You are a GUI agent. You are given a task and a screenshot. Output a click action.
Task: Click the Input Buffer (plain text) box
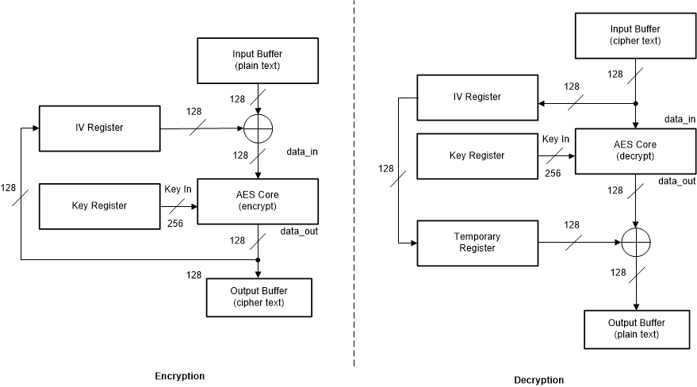click(x=258, y=60)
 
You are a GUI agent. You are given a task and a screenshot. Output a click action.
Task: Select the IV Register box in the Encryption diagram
click(x=98, y=127)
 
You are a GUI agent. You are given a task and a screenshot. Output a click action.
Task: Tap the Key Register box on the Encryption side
click(x=98, y=205)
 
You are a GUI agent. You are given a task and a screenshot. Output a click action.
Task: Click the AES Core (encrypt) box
click(x=258, y=201)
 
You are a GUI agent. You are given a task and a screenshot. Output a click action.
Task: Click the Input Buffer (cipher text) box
click(x=635, y=36)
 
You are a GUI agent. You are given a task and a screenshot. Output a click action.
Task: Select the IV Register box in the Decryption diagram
click(x=477, y=97)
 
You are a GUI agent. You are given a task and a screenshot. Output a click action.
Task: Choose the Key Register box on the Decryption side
click(x=477, y=155)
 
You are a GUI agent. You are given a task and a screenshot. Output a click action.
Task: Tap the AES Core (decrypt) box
click(x=635, y=151)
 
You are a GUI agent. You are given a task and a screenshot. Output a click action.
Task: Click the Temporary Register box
click(x=477, y=242)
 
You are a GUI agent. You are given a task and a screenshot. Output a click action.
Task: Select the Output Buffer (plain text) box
click(x=635, y=328)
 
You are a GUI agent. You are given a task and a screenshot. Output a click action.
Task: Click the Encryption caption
click(x=179, y=376)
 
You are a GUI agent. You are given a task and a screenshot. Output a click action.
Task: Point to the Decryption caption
click(x=539, y=380)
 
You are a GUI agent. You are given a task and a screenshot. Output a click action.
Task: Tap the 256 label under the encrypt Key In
click(x=175, y=223)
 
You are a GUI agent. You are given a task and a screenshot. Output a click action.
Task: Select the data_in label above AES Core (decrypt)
click(x=680, y=119)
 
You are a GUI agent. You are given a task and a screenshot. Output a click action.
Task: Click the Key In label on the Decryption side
click(x=556, y=139)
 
